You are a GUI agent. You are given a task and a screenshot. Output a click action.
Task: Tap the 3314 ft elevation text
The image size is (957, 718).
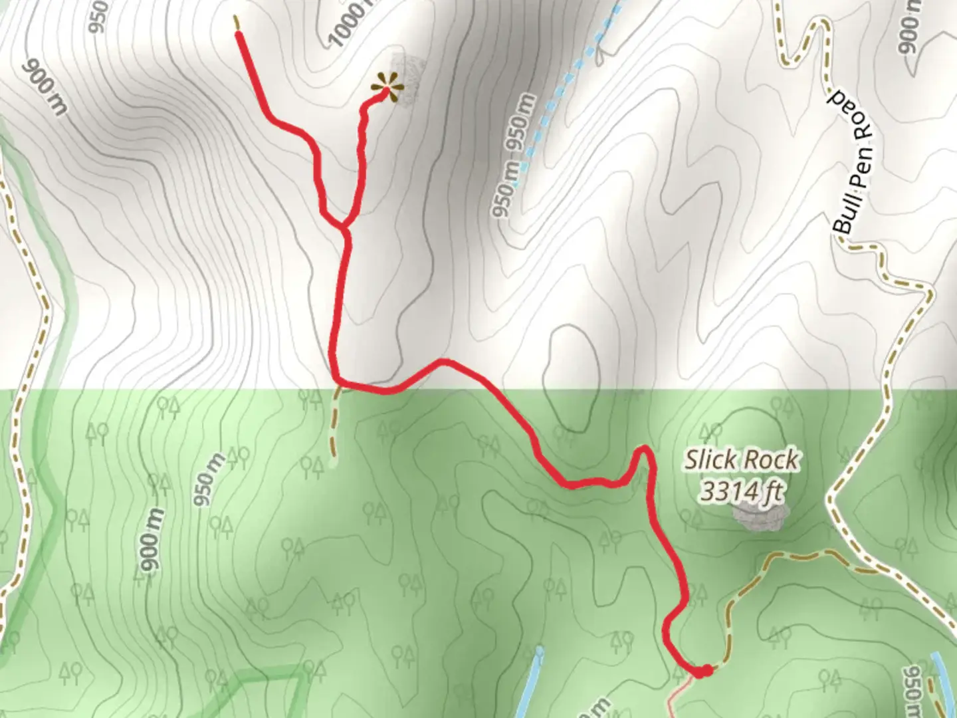point(741,492)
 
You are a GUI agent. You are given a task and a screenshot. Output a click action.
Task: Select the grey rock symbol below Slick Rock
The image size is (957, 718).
point(760,517)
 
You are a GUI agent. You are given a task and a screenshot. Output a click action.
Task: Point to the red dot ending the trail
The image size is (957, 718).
point(705,671)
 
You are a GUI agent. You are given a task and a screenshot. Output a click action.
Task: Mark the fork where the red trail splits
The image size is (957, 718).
point(344,228)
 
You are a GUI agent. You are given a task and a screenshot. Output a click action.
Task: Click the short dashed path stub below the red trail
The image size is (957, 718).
point(334,425)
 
